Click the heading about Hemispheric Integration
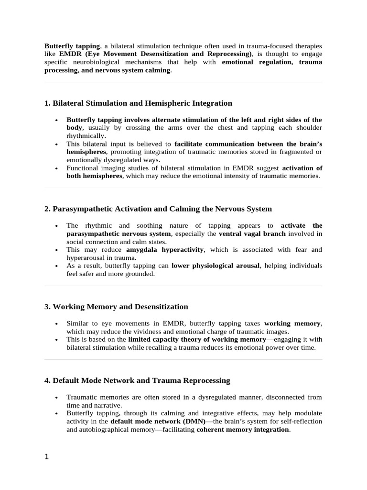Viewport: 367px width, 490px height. tap(138, 103)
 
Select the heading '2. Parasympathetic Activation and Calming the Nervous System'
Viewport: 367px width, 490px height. tap(158, 209)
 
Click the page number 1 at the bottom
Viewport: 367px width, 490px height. tap(46, 457)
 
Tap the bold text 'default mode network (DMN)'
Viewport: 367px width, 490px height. tap(158, 422)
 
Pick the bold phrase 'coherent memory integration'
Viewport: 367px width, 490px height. tap(243, 430)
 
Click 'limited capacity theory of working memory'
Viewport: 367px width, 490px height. tap(197, 339)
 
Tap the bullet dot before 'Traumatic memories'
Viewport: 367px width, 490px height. tap(56, 398)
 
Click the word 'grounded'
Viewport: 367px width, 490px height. tap(140, 274)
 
